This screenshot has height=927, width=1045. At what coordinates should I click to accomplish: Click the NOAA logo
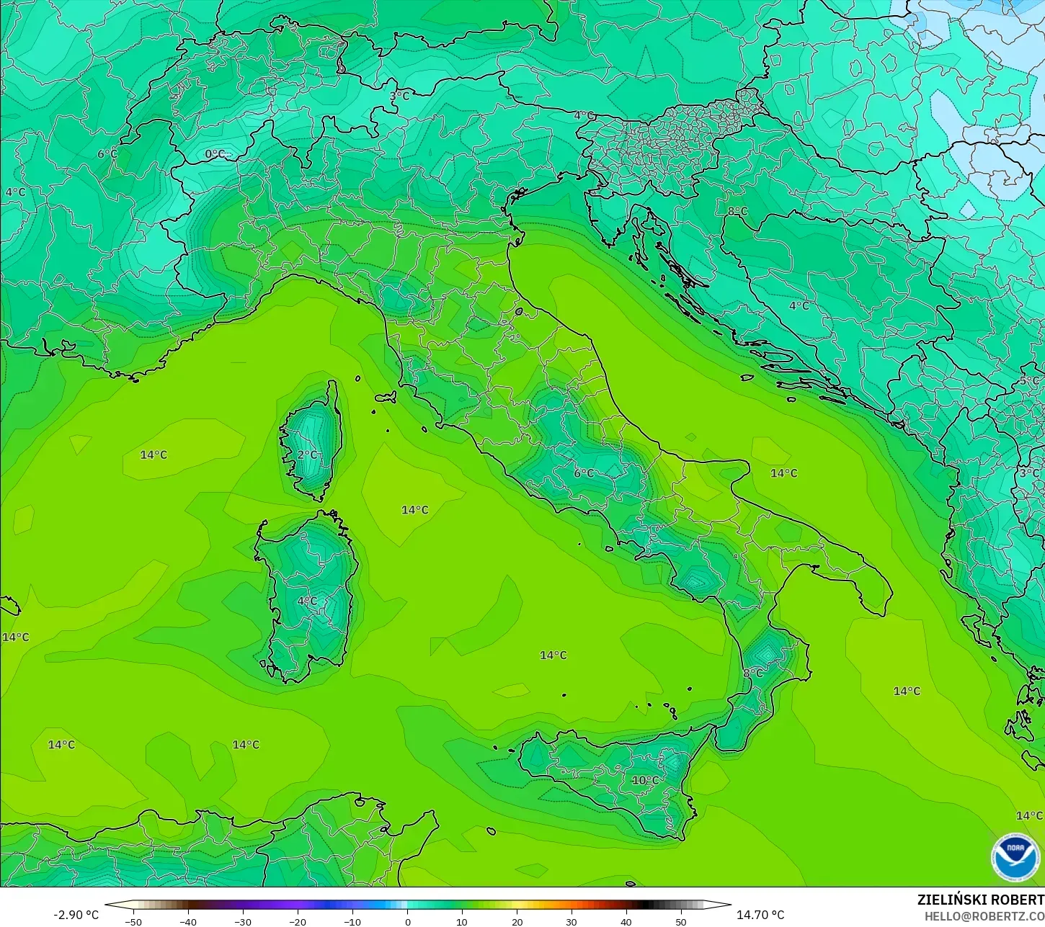[1015, 856]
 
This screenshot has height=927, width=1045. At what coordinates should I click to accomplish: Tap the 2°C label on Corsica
[308, 454]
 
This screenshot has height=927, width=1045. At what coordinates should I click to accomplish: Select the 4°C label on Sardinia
[307, 601]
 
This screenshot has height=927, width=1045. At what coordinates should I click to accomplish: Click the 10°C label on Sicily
[645, 780]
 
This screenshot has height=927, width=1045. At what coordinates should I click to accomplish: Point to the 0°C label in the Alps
[215, 153]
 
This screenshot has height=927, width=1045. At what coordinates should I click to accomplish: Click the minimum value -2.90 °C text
[76, 915]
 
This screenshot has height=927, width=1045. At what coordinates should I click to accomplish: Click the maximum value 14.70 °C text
[760, 915]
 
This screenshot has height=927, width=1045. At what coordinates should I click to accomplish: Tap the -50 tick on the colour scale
[133, 921]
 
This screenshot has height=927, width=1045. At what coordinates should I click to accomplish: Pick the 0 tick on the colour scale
[407, 921]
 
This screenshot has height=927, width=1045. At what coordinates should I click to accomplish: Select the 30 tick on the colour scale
[572, 921]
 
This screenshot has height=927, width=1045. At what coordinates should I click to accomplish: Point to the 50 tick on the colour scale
[681, 921]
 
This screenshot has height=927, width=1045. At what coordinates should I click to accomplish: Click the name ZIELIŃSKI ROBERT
[980, 900]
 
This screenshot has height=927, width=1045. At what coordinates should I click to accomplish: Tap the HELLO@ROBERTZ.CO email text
[984, 916]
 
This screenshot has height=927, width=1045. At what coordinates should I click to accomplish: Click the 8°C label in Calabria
[752, 673]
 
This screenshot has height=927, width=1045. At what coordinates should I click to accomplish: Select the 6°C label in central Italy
[584, 473]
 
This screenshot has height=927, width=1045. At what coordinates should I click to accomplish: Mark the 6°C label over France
[107, 153]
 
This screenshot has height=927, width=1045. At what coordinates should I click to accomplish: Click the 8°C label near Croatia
[737, 211]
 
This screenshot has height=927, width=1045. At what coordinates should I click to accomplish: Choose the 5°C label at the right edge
[1030, 381]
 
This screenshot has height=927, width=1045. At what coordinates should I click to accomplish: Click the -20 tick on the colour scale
[297, 921]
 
